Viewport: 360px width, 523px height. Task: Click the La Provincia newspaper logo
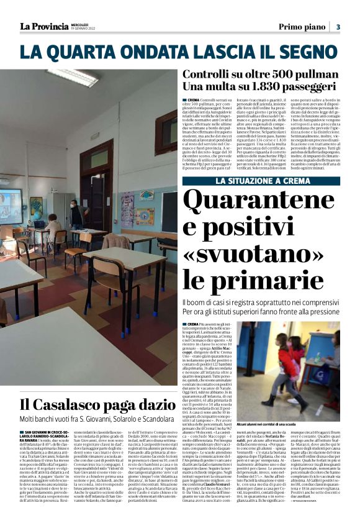pyautogui.click(x=44, y=26)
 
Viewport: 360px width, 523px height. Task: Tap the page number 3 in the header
pyautogui.click(x=338, y=26)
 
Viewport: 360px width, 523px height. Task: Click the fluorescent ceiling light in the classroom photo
pyautogui.click(x=72, y=77)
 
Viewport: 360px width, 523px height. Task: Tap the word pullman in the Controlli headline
pyautogui.click(x=308, y=74)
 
